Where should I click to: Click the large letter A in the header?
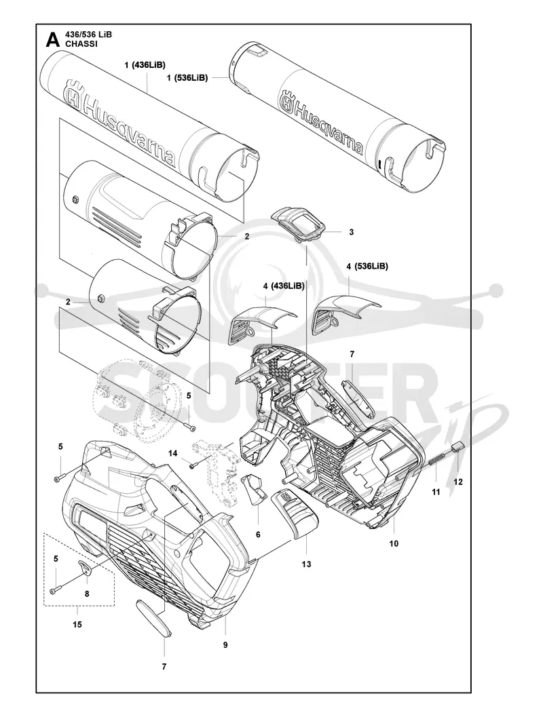click(x=53, y=40)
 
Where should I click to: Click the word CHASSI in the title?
click(x=81, y=44)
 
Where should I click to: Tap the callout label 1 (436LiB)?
click(x=145, y=65)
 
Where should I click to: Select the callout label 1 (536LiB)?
click(x=187, y=78)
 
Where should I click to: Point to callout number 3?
click(x=352, y=232)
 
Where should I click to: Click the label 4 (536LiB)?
click(x=367, y=266)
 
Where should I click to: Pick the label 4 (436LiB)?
click(x=284, y=286)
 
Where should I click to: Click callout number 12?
click(x=458, y=482)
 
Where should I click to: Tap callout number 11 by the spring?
click(x=436, y=492)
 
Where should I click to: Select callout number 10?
click(x=394, y=544)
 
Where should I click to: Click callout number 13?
click(x=307, y=564)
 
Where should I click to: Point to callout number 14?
click(x=172, y=453)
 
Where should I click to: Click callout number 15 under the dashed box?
click(x=77, y=625)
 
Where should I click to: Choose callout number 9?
click(x=225, y=645)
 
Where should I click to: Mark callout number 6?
click(x=258, y=535)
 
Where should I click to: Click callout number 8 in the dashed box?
click(x=87, y=594)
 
